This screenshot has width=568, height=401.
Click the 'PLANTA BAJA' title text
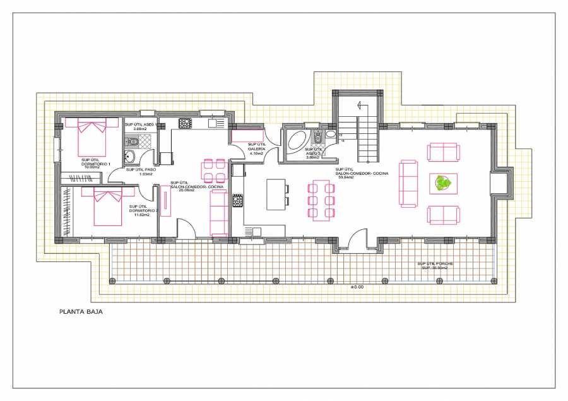(80, 311)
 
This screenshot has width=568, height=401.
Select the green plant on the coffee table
(444, 184)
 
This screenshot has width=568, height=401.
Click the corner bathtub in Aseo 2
(295, 141)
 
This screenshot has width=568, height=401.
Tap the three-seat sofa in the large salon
(408, 183)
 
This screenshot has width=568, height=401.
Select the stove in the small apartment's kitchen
(185, 123)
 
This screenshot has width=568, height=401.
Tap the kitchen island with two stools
(275, 195)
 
